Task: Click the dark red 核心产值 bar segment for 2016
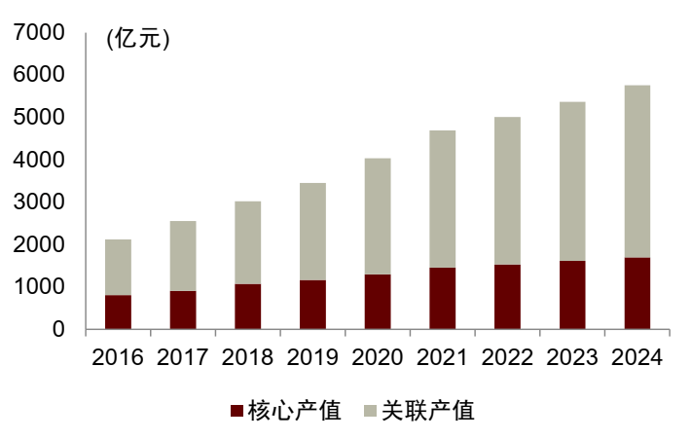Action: coord(118,312)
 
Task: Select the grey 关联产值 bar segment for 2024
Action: coord(637,171)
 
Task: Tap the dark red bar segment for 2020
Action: coord(378,302)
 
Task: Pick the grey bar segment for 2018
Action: coord(248,242)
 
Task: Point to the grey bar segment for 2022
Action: coord(507,191)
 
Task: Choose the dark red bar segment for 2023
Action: coord(572,295)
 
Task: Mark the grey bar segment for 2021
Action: coord(443,199)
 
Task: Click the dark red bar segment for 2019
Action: coord(312,305)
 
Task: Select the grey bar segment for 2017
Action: coord(183,256)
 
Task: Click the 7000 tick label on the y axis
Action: coord(40,32)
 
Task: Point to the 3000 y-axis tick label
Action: coord(40,202)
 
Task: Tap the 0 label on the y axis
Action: coord(58,329)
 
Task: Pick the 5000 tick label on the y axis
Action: coord(40,117)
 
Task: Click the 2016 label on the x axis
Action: coord(118,356)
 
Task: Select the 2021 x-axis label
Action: coord(443,356)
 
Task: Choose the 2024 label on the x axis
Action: coord(637,356)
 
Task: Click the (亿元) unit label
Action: coord(137,40)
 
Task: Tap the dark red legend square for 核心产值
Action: coord(236,411)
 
